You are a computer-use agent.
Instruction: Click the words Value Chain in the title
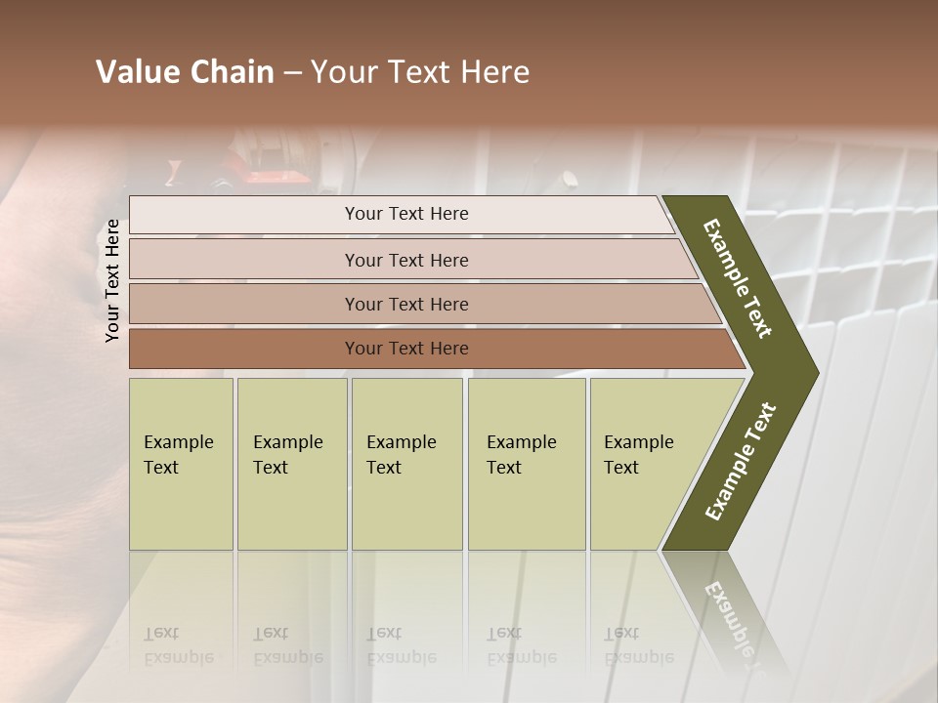pos(185,72)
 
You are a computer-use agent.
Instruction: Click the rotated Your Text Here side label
pos(112,280)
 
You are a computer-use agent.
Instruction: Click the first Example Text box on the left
pos(181,464)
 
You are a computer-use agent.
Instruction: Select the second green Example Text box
pos(291,464)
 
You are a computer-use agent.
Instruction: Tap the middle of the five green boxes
pos(406,464)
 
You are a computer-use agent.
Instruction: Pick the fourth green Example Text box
pos(527,464)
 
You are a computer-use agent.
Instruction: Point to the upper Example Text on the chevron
pos(738,278)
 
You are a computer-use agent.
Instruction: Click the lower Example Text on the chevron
pos(741,462)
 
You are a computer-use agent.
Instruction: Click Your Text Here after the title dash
pos(420,72)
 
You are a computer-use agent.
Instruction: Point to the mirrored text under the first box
pos(178,645)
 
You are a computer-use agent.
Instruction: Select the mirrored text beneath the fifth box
pos(638,645)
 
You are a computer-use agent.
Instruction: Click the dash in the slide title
pos(292,73)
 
